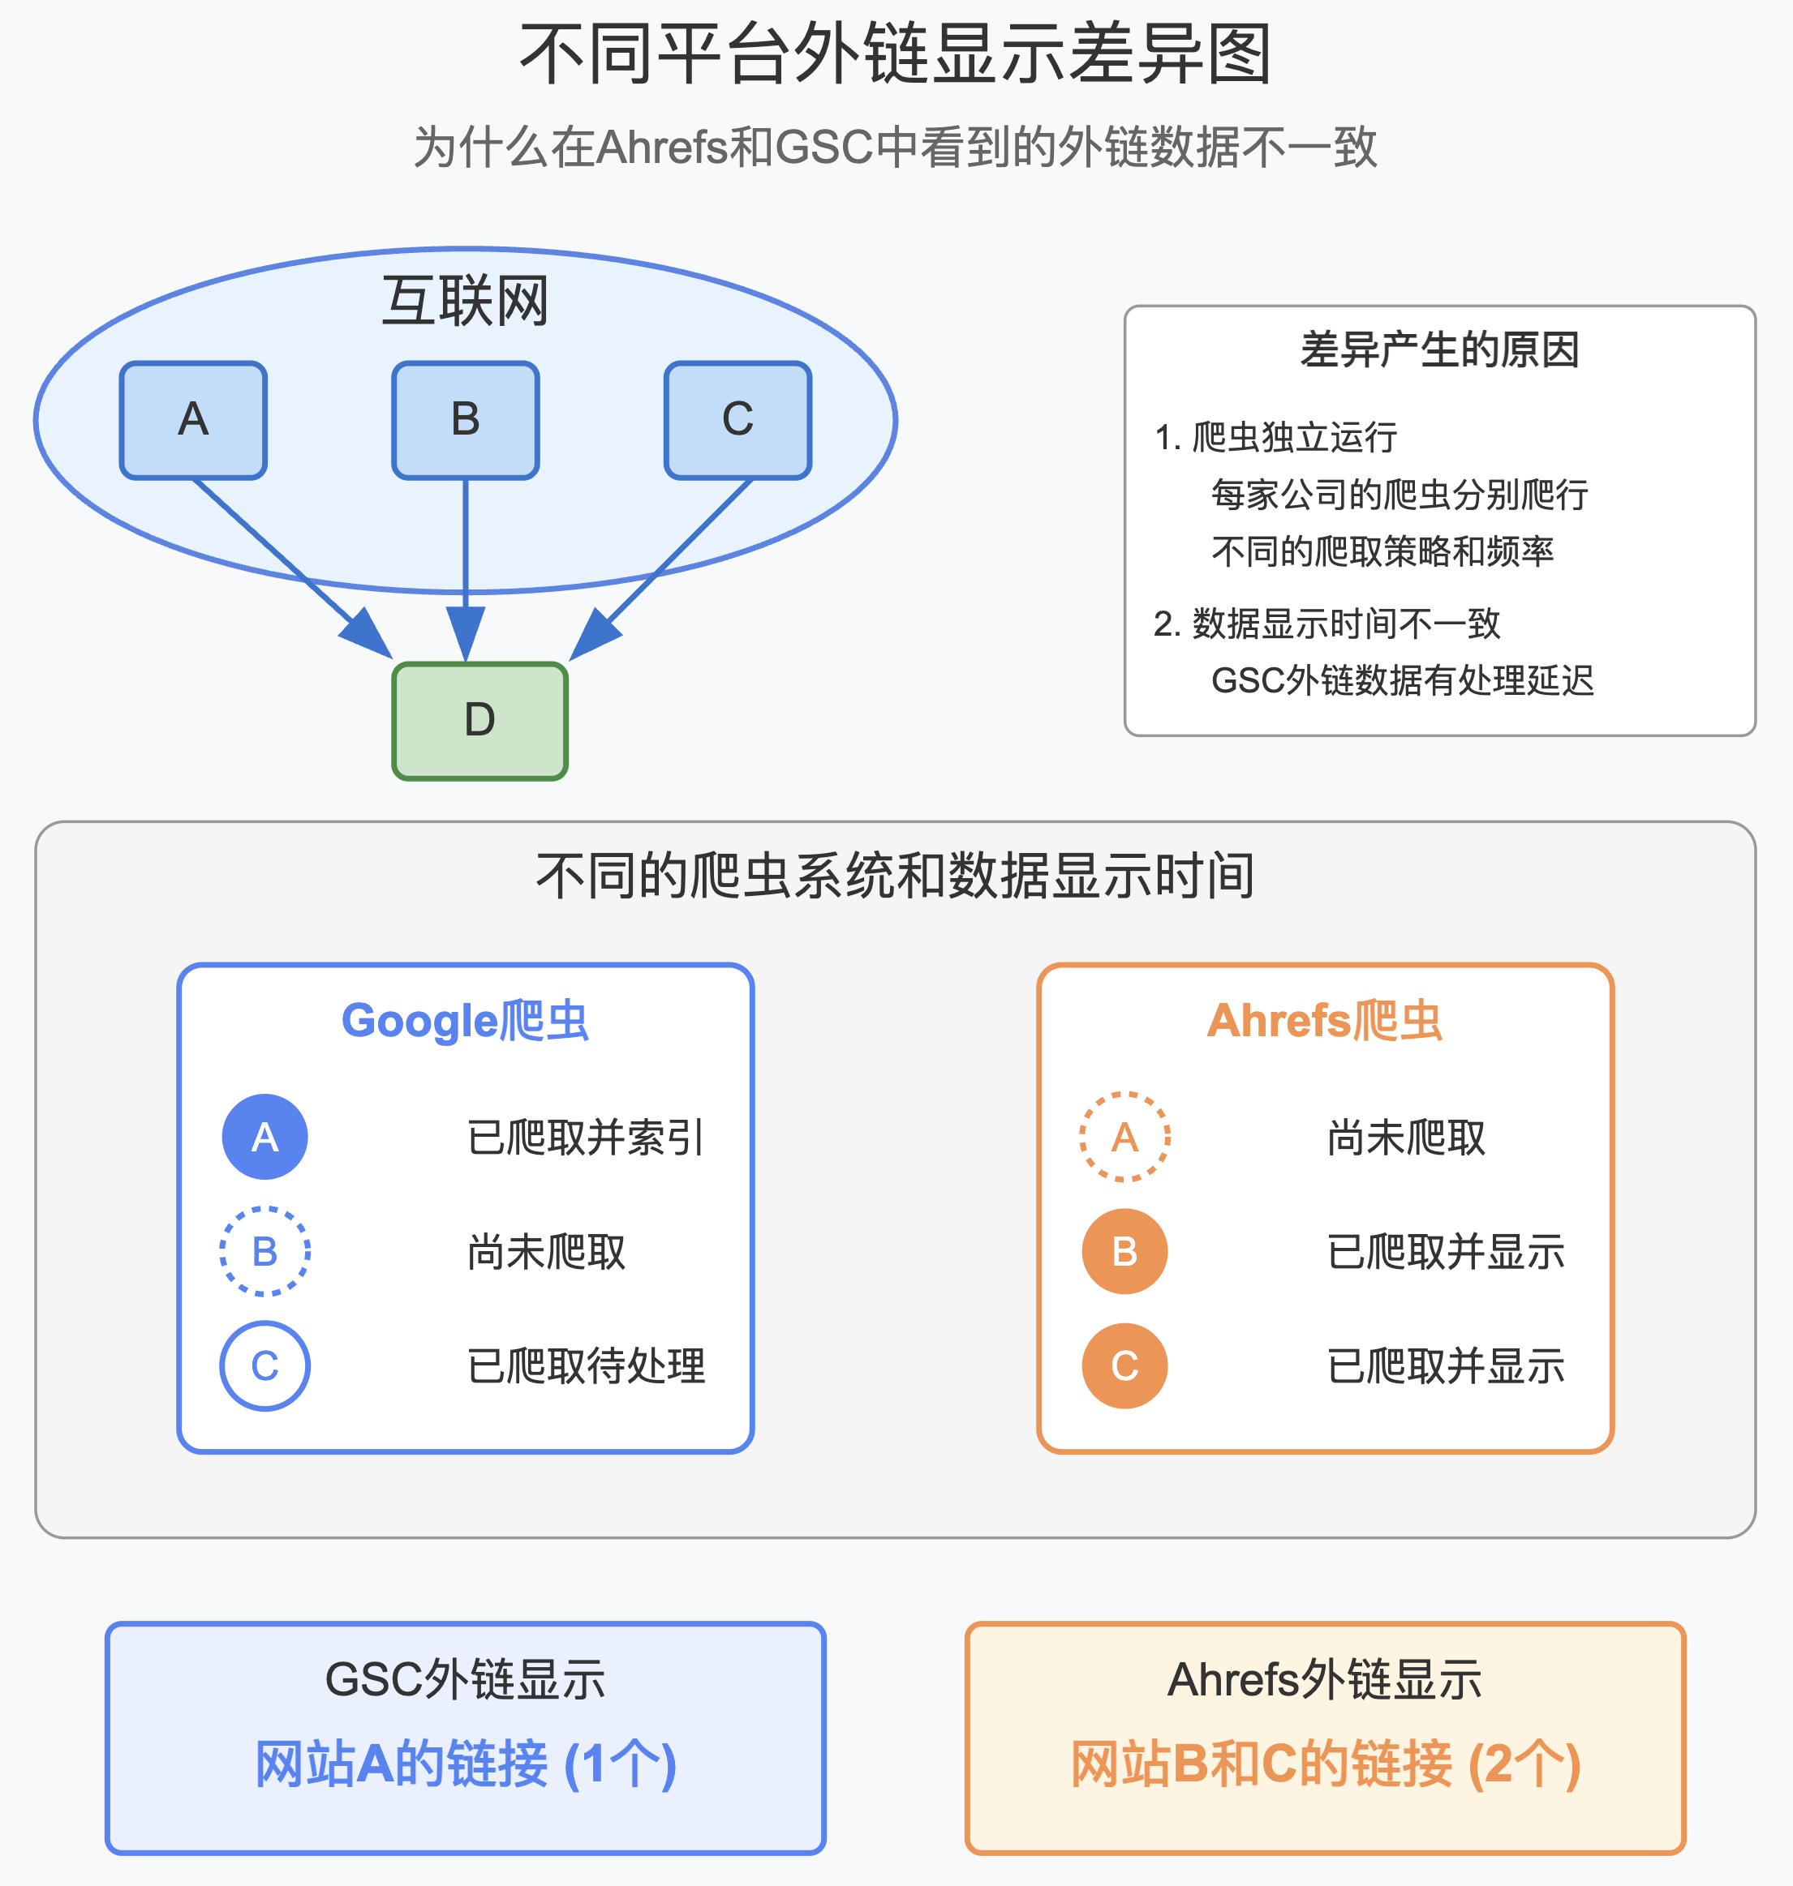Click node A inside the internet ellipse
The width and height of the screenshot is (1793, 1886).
[193, 419]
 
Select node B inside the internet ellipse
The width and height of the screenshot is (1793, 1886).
[466, 419]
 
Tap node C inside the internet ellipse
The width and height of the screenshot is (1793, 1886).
[737, 419]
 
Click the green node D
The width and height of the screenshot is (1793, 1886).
[479, 720]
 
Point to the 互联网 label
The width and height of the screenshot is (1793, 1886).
[466, 300]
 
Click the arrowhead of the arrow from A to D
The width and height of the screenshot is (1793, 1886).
[369, 636]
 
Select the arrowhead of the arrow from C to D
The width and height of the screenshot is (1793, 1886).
[592, 636]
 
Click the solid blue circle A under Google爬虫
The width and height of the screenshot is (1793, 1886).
[264, 1136]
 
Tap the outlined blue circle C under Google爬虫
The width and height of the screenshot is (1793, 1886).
[264, 1365]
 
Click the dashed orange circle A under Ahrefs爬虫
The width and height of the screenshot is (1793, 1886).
[1125, 1136]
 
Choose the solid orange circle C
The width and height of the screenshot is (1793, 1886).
[1125, 1365]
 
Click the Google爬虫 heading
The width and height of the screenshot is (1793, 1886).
[466, 1020]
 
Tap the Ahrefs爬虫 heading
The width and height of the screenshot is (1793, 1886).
[1325, 1020]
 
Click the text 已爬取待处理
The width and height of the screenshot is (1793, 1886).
[586, 1365]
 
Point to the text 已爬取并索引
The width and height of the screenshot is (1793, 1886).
[586, 1137]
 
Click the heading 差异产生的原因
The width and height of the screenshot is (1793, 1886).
[1439, 349]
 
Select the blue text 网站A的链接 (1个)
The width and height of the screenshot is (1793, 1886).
[466, 1764]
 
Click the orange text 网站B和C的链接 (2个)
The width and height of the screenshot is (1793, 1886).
[1325, 1764]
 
